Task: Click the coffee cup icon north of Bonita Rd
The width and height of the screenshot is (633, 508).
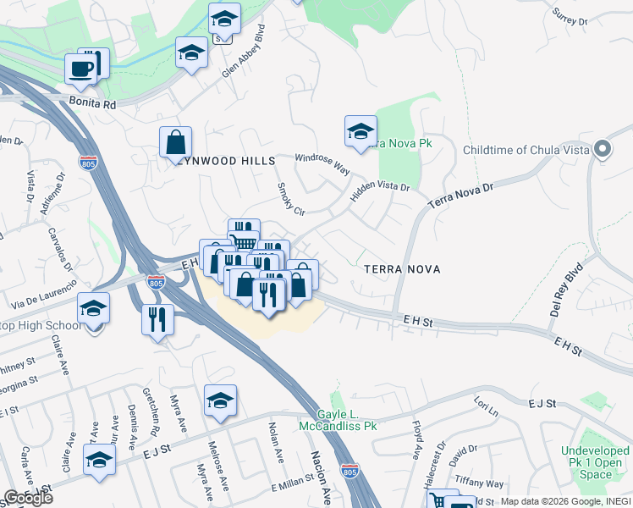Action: click(x=80, y=69)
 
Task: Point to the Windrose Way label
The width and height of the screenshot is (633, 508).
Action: click(x=322, y=163)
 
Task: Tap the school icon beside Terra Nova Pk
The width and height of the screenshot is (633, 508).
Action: click(x=361, y=131)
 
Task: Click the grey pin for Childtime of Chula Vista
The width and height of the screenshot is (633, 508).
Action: click(x=603, y=150)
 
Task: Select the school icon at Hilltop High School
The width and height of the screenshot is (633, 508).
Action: click(x=93, y=308)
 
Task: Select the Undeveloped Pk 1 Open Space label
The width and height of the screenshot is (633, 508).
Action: click(x=597, y=462)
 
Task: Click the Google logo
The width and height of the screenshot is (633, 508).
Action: click(x=29, y=498)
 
